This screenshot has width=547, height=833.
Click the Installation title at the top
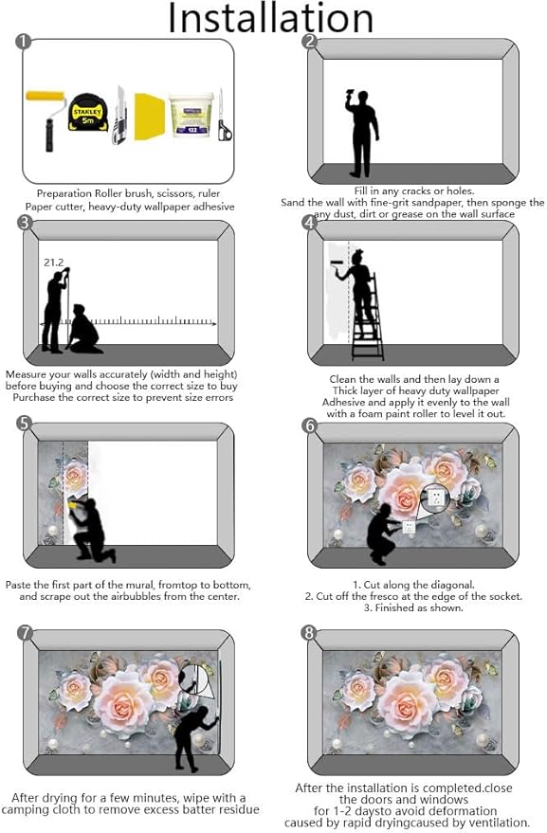[x=270, y=18]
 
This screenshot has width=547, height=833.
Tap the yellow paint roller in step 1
[x=46, y=120]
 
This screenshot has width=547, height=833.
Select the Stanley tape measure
[x=88, y=112]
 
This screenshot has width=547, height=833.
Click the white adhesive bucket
[x=191, y=115]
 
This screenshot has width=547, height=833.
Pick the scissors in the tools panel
[x=224, y=116]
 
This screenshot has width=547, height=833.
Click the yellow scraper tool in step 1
[x=150, y=117]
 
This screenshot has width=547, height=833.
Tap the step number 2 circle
[x=309, y=42]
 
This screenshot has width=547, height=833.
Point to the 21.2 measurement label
[x=54, y=263]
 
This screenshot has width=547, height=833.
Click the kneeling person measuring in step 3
[x=84, y=330]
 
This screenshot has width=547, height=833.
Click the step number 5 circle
[x=24, y=424]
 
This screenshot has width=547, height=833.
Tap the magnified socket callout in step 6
[x=435, y=498]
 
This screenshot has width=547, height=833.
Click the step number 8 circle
[x=308, y=633]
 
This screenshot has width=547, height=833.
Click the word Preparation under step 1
[x=64, y=194]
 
